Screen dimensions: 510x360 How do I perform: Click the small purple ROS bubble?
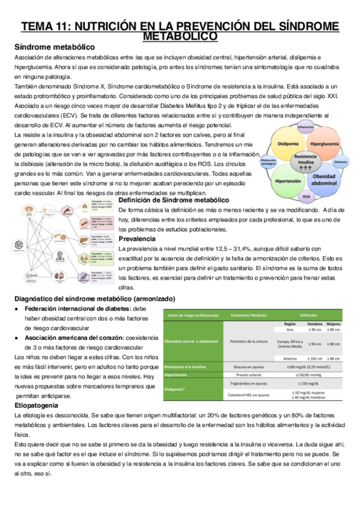(306, 196)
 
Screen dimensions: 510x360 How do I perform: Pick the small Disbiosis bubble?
(341, 162)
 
